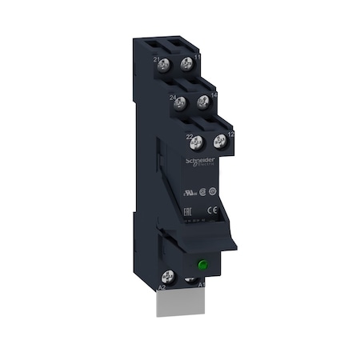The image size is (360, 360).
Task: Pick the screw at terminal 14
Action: pos(203,102)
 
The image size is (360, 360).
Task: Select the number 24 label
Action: pos(172,98)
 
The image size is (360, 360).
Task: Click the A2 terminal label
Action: pos(161,286)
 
